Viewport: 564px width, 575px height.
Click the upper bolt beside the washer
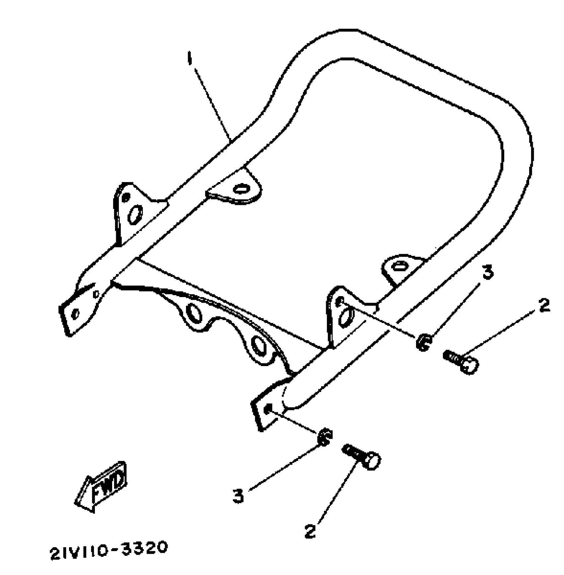(x=461, y=361)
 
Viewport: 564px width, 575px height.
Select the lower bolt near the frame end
(x=362, y=456)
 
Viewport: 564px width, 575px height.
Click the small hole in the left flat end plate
(x=76, y=313)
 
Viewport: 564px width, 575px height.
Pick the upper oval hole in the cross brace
(x=194, y=312)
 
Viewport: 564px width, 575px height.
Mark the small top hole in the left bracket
(x=125, y=198)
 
